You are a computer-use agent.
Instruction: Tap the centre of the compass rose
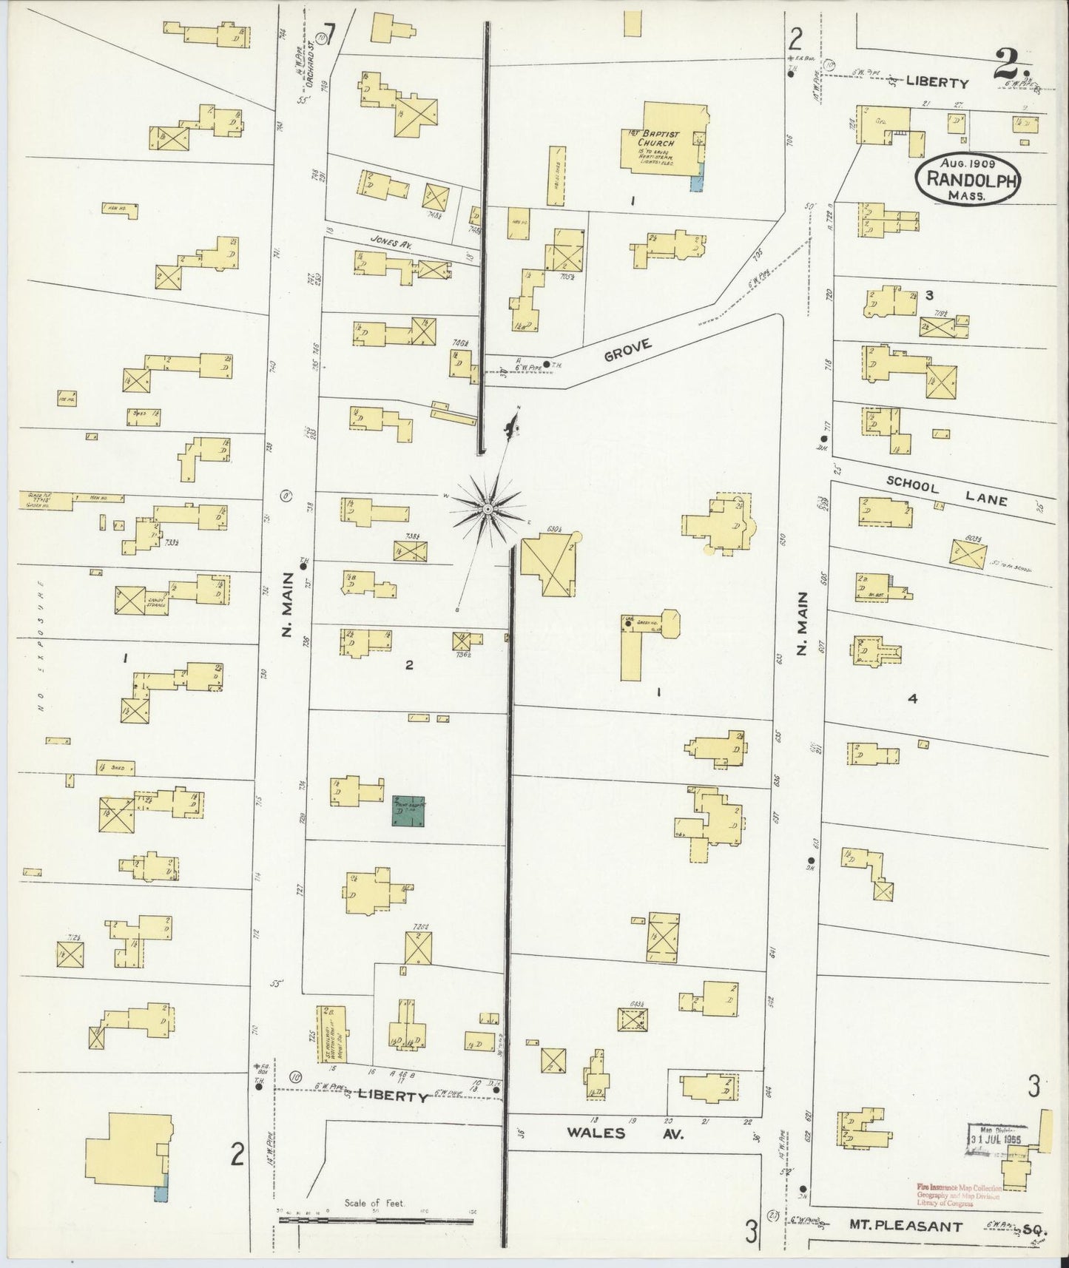pyautogui.click(x=488, y=510)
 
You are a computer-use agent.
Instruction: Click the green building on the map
pyautogui.click(x=409, y=812)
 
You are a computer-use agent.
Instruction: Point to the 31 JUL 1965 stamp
pyautogui.click(x=997, y=1140)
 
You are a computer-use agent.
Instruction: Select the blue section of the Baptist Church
pyautogui.click(x=696, y=180)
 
